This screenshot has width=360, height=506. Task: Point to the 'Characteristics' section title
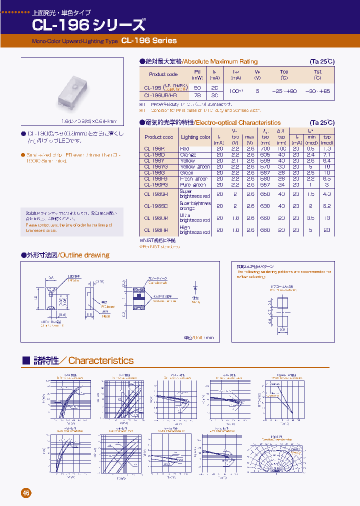tap(100, 360)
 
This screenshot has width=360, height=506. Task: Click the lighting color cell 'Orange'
tap(188, 155)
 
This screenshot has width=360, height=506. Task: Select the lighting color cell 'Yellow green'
tap(195, 167)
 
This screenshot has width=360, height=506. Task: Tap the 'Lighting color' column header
tap(195, 137)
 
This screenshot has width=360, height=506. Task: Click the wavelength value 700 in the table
tap(265, 149)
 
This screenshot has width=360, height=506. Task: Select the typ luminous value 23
tap(327, 230)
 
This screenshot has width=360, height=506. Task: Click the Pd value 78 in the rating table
tap(197, 95)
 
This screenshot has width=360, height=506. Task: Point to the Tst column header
tap(317, 74)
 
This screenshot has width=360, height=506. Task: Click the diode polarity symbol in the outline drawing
tap(195, 288)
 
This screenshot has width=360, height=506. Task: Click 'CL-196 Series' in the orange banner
tap(149, 40)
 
